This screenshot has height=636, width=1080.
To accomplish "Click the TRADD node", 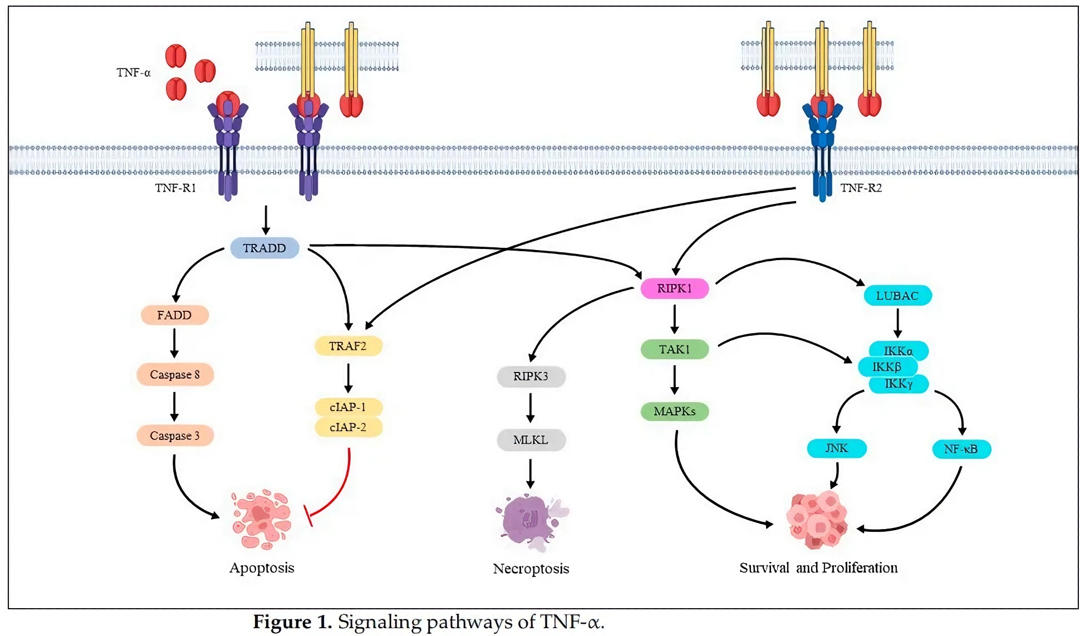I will tap(264, 248).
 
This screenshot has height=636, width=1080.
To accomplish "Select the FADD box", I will tap(175, 315).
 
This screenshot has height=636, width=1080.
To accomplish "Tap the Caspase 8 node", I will tap(175, 375).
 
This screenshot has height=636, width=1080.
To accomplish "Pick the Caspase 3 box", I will tap(175, 436).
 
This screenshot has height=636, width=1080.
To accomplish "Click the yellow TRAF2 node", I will tap(348, 346).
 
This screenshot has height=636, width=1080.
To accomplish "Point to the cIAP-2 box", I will tap(348, 427).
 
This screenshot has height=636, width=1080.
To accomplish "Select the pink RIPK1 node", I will tap(674, 288).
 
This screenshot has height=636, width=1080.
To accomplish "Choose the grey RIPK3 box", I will tap(531, 376).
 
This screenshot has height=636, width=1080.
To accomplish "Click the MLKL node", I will tap(531, 440).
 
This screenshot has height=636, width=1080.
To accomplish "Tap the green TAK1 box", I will tap(674, 349).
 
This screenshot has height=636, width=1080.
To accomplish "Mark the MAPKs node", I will tap(674, 412).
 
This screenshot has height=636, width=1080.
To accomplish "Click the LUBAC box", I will tap(897, 296).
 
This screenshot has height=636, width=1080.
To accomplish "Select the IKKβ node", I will tap(887, 367).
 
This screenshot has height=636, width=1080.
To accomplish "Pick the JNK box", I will tap(837, 448).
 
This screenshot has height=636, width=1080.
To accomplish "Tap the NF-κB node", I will tap(961, 449).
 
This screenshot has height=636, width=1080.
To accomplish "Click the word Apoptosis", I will tap(262, 568).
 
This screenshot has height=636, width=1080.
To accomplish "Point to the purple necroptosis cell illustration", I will tap(529, 521).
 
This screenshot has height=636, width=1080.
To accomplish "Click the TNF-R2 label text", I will tap(861, 188).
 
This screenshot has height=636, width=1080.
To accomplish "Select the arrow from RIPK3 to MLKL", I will tap(531, 408).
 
